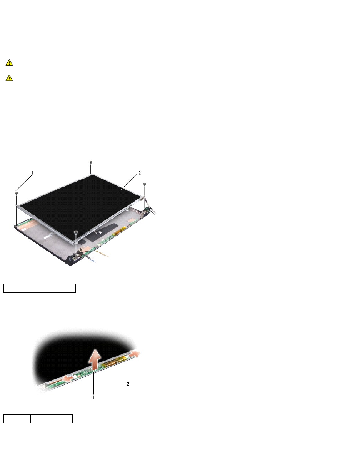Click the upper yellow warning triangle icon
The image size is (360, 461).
pos(9,63)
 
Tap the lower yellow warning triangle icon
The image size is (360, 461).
pos(9,78)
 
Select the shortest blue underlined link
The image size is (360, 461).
pos(93,99)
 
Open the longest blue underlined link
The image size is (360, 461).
pos(130,114)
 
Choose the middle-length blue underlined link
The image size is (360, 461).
pos(117,128)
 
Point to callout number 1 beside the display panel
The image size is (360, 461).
pos(32,173)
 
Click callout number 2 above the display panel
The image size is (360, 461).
pos(140,173)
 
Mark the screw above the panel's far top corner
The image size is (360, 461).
pos(91,162)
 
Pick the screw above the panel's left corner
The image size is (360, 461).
pos(17,194)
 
